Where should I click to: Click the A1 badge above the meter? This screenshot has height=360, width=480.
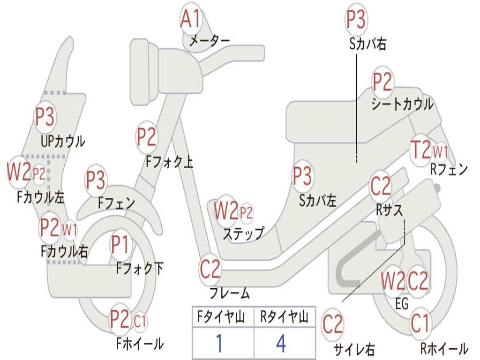[x=190, y=19]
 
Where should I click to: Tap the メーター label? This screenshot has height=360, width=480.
[x=210, y=41]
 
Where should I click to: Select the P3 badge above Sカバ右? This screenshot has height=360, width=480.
[x=356, y=19]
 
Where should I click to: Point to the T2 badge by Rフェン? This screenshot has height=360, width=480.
[x=420, y=150]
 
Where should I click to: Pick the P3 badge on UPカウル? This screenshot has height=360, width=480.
[x=45, y=117]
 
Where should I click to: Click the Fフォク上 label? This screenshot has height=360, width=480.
[x=169, y=161]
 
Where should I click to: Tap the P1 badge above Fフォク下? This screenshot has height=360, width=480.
[x=120, y=245]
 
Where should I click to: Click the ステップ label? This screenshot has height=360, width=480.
[x=243, y=233]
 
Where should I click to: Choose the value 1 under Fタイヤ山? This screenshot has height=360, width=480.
[x=219, y=344]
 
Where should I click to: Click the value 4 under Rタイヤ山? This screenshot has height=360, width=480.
[x=281, y=344]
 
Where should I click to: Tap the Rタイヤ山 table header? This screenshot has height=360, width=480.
[x=284, y=316]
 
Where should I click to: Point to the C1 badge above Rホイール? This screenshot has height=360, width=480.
[x=420, y=323]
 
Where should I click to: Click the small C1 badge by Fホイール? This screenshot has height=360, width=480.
[x=140, y=321]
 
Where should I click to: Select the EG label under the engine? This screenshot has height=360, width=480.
[x=402, y=304]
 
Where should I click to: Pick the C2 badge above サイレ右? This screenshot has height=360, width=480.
[x=333, y=324]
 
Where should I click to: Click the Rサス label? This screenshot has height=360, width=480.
[x=389, y=210]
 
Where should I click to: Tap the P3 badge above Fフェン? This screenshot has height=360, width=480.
[x=96, y=180]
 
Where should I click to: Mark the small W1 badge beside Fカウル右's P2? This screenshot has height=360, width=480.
[x=70, y=229]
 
